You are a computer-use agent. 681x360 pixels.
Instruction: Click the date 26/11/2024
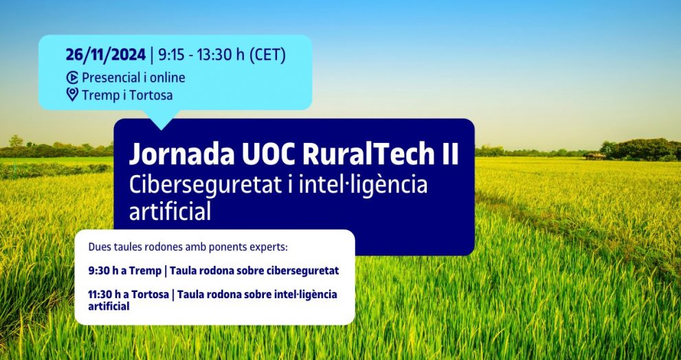point(106,55)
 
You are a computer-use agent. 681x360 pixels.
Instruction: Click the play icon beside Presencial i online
point(72,78)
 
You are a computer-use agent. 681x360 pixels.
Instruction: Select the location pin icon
point(72,94)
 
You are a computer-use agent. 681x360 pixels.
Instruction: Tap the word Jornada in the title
point(181,154)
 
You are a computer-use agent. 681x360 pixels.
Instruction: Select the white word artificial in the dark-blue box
point(170,212)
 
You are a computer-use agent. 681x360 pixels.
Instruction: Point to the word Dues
point(98,247)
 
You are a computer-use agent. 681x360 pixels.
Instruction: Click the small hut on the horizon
point(594,155)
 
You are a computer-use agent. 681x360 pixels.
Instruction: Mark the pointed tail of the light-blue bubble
point(161,129)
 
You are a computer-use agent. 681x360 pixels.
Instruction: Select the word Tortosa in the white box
point(150,295)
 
